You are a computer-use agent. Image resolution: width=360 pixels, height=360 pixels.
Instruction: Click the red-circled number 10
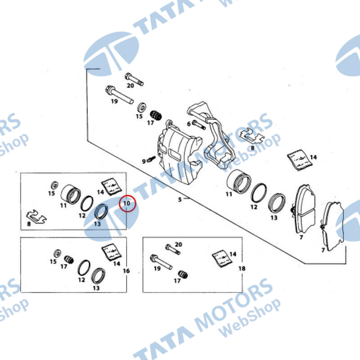127,203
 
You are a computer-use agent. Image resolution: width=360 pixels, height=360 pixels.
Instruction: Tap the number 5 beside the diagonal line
180,199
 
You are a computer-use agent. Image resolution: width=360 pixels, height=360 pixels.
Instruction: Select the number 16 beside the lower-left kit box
126,271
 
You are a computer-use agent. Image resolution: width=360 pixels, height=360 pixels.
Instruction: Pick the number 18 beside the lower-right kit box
242,268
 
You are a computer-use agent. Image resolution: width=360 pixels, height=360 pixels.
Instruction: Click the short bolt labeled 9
152,159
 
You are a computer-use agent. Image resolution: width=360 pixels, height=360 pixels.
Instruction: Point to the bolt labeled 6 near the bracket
198,125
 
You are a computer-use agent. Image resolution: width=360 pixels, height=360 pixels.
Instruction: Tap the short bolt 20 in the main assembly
134,79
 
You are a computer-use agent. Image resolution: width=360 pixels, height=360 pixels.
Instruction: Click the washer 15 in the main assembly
142,108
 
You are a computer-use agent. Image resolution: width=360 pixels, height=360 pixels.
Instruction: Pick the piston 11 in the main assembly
238,181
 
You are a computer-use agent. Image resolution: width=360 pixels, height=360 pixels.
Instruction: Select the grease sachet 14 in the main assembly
299,160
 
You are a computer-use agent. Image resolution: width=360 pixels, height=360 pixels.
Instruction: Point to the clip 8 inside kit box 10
36,216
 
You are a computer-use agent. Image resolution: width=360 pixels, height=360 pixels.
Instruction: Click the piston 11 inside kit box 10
71,194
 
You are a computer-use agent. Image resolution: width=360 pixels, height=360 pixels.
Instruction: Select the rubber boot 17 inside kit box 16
69,260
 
